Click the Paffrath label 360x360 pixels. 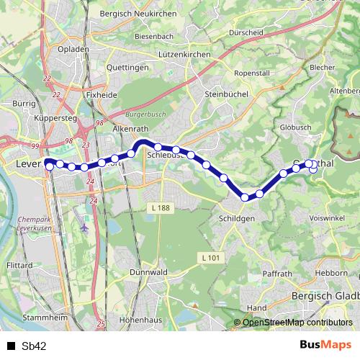point(277,274)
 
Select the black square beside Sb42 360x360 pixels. point(11,346)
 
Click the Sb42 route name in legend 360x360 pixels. point(34,346)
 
